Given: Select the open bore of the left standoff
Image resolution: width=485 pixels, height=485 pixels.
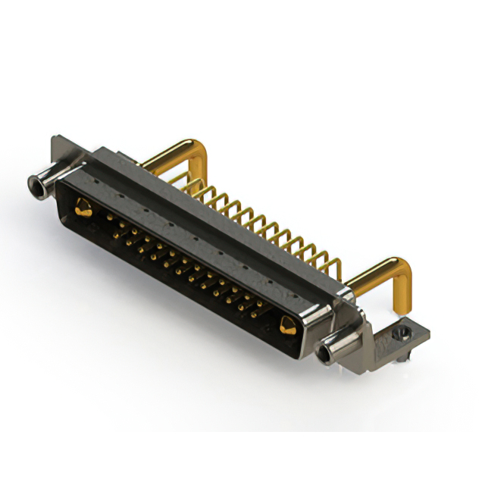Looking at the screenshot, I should [x=33, y=184].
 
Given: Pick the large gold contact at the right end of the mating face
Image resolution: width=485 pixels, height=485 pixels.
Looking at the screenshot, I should [x=287, y=327].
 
